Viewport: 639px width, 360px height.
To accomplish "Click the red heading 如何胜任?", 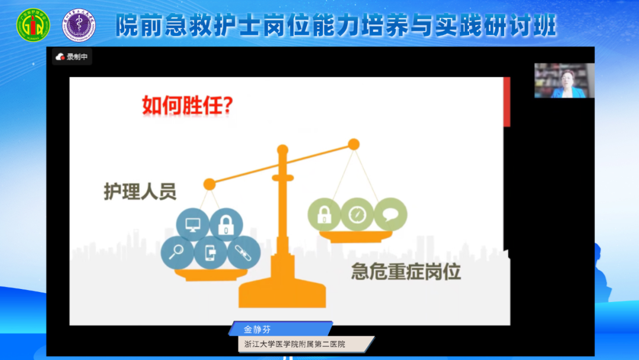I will coord(187,107).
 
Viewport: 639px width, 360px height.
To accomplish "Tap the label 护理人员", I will coord(140,191).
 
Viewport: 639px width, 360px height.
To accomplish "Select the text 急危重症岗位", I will coord(406,271).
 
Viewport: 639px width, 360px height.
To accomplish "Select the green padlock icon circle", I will coord(324,214).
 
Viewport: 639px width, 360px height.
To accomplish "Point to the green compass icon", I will coord(357,214).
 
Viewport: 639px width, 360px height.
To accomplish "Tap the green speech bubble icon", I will coord(390,214).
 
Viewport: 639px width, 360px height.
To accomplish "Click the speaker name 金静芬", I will coord(257,330).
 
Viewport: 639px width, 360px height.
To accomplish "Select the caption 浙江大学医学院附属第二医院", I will coord(295,344).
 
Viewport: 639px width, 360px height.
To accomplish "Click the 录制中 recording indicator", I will coord(72,57).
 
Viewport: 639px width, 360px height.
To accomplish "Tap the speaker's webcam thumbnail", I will coord(564,81).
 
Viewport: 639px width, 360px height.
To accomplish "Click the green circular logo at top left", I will coord(33,25).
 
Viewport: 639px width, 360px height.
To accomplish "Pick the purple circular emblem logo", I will coord(79,25).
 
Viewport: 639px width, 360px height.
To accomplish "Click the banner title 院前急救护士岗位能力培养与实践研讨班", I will coord(335,26).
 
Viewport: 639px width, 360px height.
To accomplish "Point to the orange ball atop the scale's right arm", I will coord(354,144).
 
